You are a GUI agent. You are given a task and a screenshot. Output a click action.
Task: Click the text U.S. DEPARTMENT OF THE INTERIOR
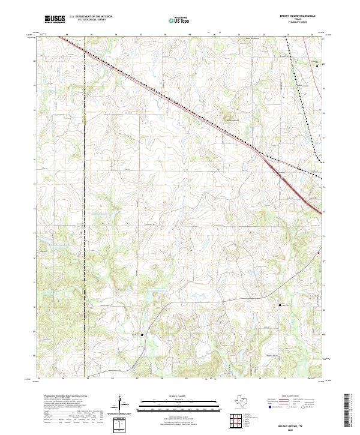coord(91,17)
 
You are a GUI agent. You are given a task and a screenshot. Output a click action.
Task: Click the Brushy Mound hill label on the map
coord(229,121)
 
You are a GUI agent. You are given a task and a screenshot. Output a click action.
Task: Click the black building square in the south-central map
coord(142,335)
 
